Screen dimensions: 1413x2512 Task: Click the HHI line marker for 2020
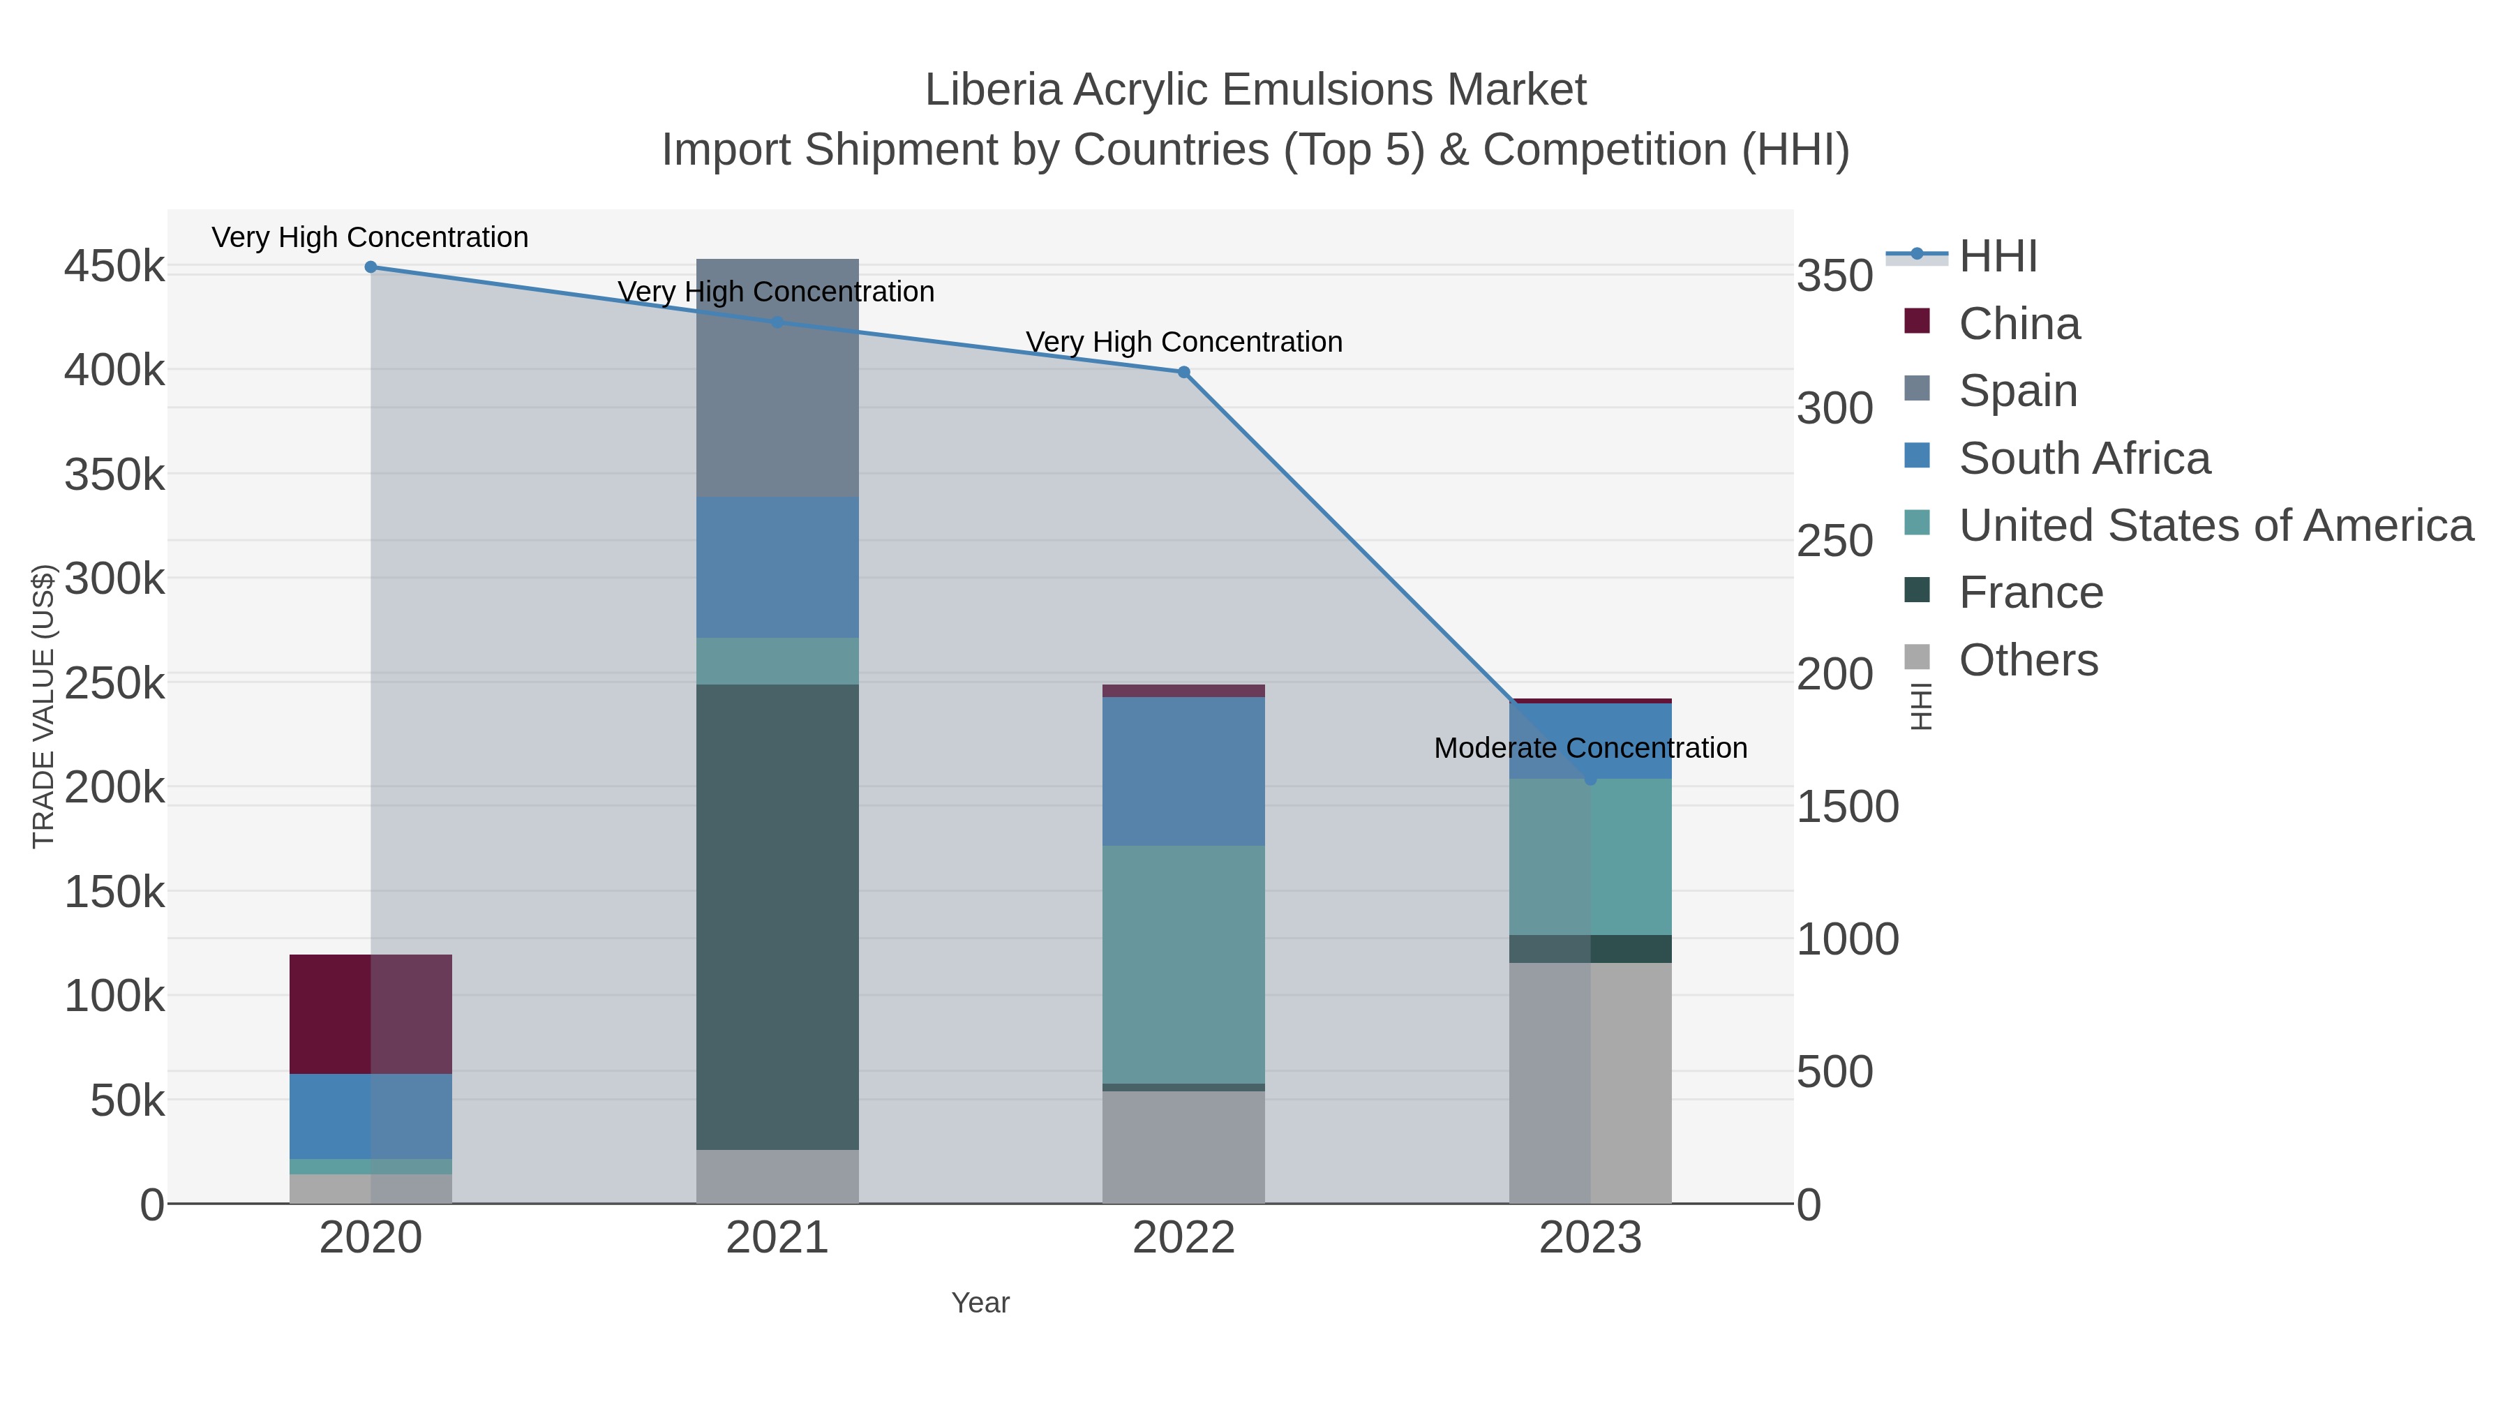(x=371, y=267)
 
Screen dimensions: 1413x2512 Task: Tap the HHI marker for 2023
(x=1590, y=779)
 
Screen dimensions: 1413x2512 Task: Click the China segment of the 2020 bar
(x=371, y=1014)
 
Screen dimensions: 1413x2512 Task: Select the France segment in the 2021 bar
(x=777, y=917)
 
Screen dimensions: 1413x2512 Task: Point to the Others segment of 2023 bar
(x=1590, y=1082)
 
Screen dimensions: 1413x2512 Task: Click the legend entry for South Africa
(x=2084, y=458)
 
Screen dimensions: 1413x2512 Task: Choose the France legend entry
(x=2031, y=593)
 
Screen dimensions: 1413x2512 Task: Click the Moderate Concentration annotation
(x=1590, y=749)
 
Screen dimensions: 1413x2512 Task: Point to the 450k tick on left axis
(x=114, y=267)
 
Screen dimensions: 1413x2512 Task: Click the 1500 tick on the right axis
(x=1847, y=807)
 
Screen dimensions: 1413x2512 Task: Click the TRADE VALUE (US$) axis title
(x=44, y=706)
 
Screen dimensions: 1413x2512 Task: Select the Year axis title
(x=980, y=1303)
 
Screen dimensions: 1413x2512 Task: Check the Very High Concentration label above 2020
(x=370, y=238)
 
